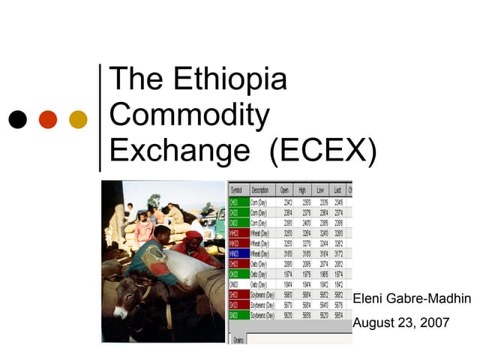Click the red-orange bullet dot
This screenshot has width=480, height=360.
pyautogui.click(x=48, y=119)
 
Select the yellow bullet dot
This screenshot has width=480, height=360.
pyautogui.click(x=78, y=119)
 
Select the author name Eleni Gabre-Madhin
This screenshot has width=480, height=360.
pyautogui.click(x=412, y=299)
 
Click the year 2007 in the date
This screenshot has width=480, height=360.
pyautogui.click(x=434, y=323)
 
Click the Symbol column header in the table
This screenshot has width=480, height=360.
pyautogui.click(x=236, y=190)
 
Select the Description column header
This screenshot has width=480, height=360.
pyautogui.click(x=262, y=190)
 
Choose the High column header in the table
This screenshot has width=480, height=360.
pyautogui.click(x=303, y=190)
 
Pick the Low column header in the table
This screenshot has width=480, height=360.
pyautogui.click(x=321, y=190)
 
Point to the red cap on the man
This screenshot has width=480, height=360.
pyautogui.click(x=194, y=235)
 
